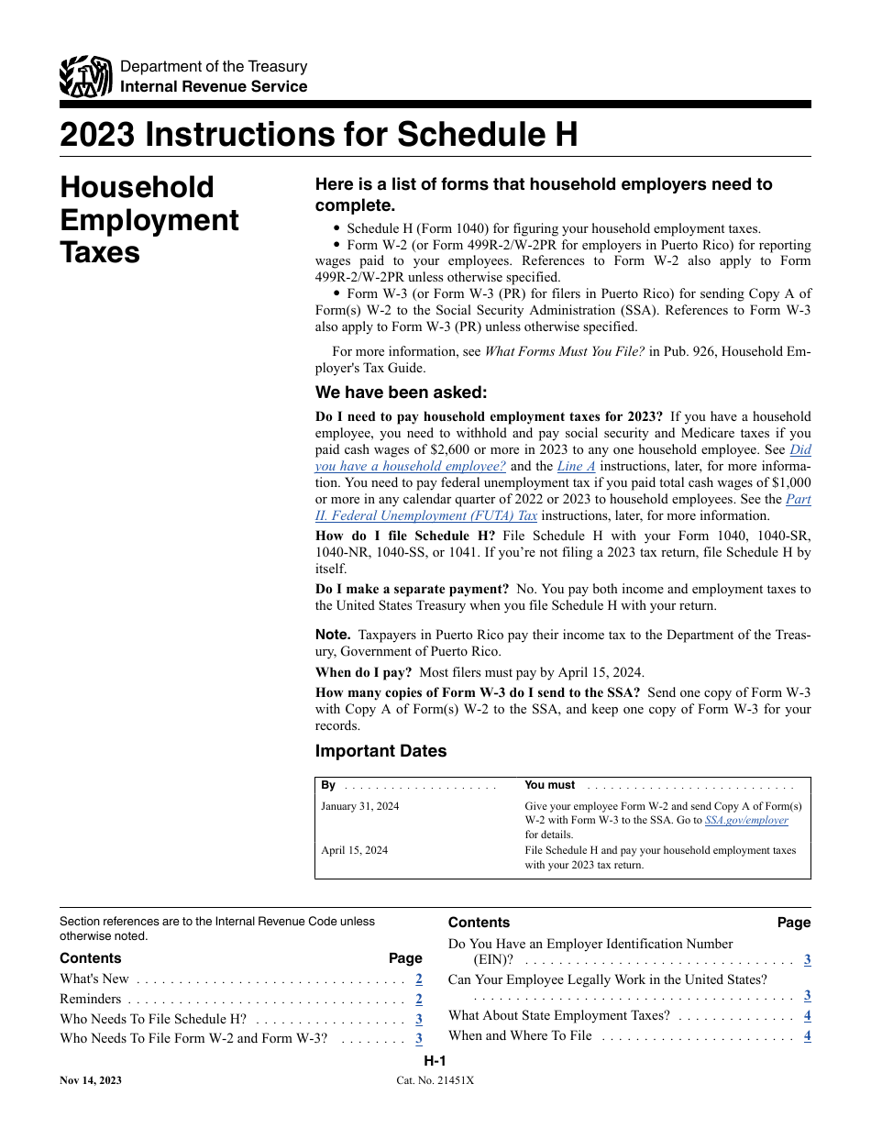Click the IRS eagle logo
(x=85, y=77)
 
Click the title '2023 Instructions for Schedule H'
(x=318, y=135)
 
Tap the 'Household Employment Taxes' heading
(x=149, y=220)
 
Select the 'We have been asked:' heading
(x=401, y=393)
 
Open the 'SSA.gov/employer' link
(x=745, y=820)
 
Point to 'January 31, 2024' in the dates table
(x=360, y=806)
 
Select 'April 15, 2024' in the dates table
(x=354, y=850)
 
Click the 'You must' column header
(x=549, y=785)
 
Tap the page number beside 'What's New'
(x=418, y=979)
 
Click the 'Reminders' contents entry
(x=90, y=999)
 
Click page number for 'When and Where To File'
(x=807, y=1035)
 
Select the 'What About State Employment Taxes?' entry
(x=558, y=1015)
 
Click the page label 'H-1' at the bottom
(x=435, y=1061)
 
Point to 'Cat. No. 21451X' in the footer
(x=435, y=1080)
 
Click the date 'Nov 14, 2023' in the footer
(x=91, y=1080)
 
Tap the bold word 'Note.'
(x=333, y=635)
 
